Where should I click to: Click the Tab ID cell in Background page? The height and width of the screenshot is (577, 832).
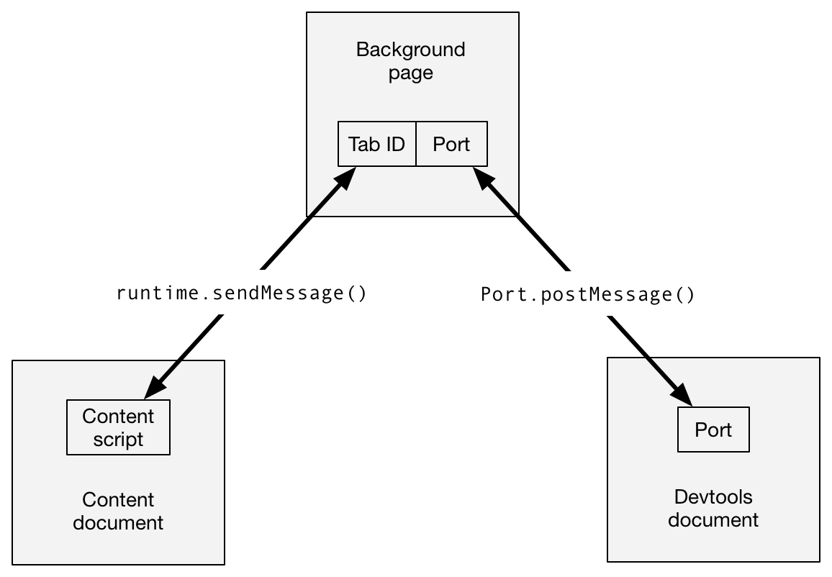(x=377, y=145)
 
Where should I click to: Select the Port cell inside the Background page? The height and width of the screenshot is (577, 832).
(x=451, y=145)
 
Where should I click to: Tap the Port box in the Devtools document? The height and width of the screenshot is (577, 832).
(x=713, y=430)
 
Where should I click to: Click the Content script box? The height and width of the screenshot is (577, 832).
(x=118, y=428)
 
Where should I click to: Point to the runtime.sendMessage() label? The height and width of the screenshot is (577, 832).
(x=242, y=293)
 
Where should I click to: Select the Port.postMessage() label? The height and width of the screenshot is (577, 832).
(x=588, y=294)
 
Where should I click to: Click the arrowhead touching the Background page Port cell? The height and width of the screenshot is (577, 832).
(x=482, y=178)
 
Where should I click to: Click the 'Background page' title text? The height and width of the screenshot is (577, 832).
(x=411, y=61)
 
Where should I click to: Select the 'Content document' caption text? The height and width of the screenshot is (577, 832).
(x=118, y=511)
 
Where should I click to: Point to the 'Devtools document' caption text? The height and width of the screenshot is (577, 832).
(x=713, y=508)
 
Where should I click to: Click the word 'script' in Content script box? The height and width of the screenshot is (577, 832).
(x=118, y=440)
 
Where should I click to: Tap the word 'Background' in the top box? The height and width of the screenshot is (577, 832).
(x=411, y=50)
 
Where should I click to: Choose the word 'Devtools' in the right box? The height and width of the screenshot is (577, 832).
(x=713, y=496)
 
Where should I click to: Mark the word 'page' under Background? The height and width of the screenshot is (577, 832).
(x=411, y=73)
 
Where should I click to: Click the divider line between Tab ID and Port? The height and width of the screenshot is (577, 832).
(x=416, y=145)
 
